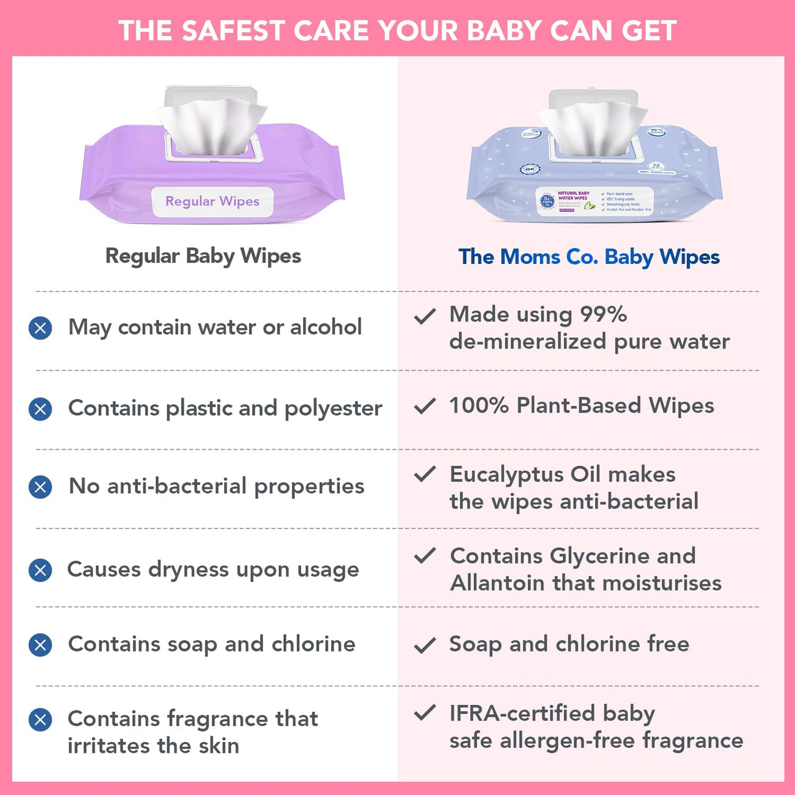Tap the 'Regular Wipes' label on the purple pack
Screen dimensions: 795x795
[x=212, y=201]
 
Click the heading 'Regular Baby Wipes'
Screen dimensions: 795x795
[x=203, y=256]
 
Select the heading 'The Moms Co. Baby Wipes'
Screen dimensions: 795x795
[x=589, y=257]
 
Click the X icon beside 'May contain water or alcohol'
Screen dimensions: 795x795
[x=40, y=327]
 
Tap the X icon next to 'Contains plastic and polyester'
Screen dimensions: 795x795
[x=40, y=409]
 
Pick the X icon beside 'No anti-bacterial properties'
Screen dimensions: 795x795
[x=40, y=487]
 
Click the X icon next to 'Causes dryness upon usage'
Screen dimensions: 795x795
[x=40, y=570]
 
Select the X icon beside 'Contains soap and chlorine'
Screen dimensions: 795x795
[x=40, y=645]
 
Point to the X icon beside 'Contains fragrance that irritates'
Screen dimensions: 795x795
[x=40, y=720]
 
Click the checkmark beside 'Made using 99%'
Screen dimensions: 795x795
[x=425, y=317]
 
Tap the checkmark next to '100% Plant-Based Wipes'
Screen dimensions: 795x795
[x=425, y=407]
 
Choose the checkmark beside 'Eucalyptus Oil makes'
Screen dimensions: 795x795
[x=425, y=475]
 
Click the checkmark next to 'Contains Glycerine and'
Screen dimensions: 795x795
[x=425, y=556]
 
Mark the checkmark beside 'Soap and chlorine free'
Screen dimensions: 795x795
[x=425, y=646]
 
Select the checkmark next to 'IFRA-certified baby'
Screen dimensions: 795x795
[x=425, y=713]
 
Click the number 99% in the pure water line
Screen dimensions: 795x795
[x=603, y=314]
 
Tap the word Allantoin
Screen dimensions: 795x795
[x=497, y=583]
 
